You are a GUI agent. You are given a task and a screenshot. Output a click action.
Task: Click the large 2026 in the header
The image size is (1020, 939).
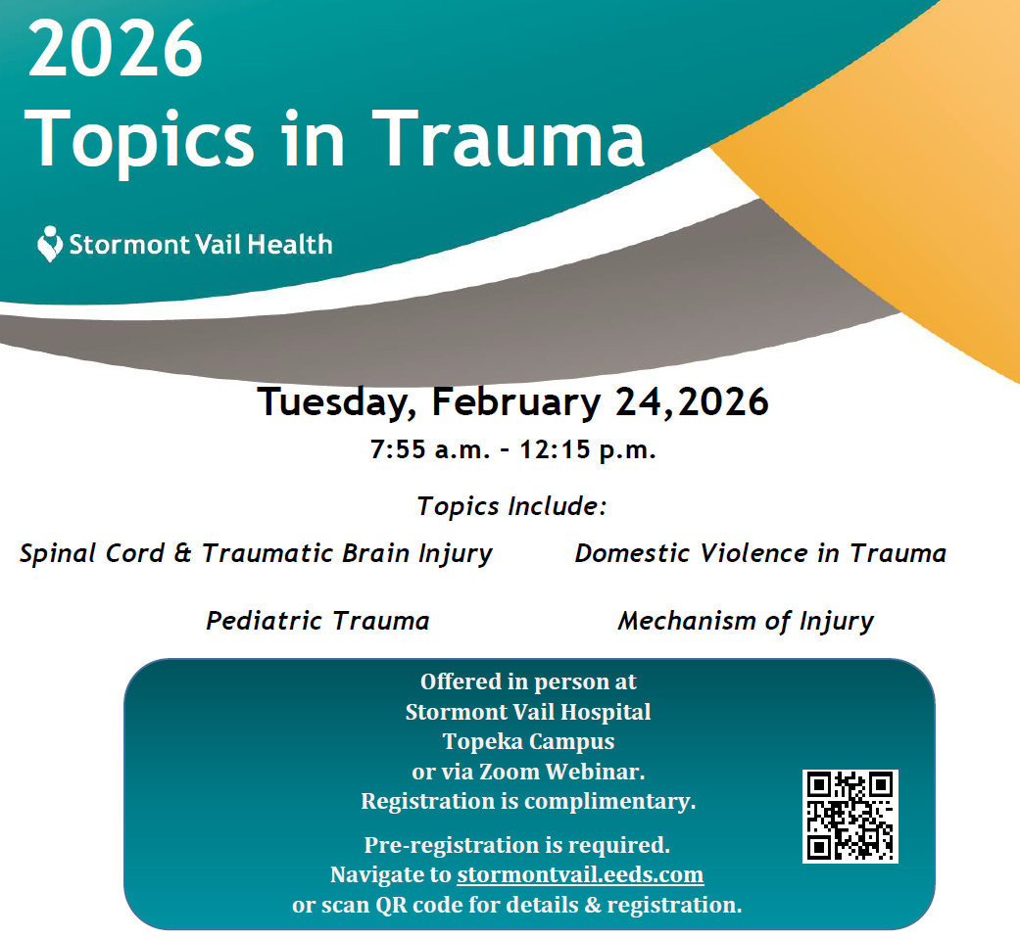click(116, 49)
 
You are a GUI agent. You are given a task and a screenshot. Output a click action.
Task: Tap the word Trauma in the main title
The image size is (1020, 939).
click(509, 138)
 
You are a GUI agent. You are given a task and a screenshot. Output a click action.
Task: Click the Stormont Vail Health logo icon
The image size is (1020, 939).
click(49, 244)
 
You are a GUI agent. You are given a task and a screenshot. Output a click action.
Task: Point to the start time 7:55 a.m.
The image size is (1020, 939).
click(430, 449)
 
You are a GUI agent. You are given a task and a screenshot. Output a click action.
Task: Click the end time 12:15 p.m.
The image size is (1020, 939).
click(588, 449)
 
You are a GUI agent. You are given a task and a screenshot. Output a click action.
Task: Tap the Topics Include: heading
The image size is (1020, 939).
click(511, 506)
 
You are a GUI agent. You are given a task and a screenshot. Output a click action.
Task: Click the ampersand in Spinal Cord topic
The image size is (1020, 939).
click(183, 553)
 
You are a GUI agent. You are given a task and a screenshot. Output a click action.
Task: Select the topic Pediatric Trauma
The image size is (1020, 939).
click(317, 621)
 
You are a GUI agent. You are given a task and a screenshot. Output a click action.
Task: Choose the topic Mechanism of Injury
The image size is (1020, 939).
click(746, 621)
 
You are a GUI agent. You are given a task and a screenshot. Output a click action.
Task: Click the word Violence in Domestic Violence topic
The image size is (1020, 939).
click(753, 553)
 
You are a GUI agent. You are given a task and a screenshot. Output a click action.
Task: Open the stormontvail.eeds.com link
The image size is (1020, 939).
click(580, 874)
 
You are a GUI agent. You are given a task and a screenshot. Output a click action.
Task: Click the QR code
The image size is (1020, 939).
click(850, 816)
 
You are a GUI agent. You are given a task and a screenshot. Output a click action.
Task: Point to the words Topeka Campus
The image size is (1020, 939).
click(528, 741)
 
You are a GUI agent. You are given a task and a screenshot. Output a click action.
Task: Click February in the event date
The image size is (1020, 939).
click(515, 401)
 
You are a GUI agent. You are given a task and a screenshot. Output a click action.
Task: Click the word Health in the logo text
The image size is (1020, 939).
click(290, 245)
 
